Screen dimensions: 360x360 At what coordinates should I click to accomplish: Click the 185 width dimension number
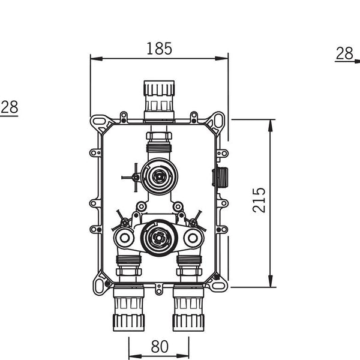[x=159, y=49]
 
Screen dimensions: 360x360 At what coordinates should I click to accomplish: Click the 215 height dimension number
[x=259, y=200]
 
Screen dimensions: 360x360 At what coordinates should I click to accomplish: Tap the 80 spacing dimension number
[x=160, y=347]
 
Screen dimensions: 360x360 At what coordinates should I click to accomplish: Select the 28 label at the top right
[x=344, y=53]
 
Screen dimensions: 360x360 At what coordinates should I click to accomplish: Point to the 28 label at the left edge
[x=10, y=107]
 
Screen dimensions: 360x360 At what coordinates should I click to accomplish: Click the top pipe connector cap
[x=159, y=88]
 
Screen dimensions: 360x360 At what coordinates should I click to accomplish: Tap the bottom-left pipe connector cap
[x=128, y=323]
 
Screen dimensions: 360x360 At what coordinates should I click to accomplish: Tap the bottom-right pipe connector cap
[x=188, y=323]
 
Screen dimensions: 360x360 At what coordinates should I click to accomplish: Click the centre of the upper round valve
[x=159, y=176]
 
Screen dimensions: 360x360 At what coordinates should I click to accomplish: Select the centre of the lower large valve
[x=158, y=238]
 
